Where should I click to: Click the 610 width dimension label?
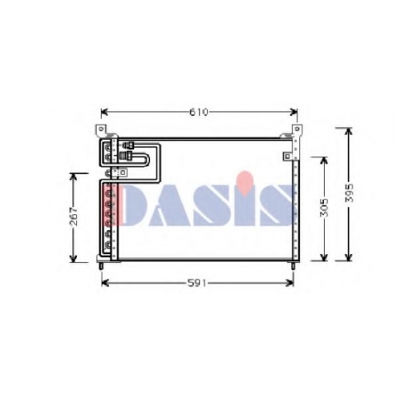tap(199, 113)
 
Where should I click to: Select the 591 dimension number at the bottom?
tap(197, 283)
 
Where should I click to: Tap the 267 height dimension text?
tap(75, 216)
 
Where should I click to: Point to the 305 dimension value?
tap(324, 208)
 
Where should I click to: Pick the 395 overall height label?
tap(349, 193)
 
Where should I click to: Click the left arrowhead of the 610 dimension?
tap(104, 113)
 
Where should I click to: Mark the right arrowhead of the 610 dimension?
tap(294, 113)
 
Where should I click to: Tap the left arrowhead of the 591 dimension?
tap(105, 283)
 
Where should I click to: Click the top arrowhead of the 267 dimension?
tap(73, 177)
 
